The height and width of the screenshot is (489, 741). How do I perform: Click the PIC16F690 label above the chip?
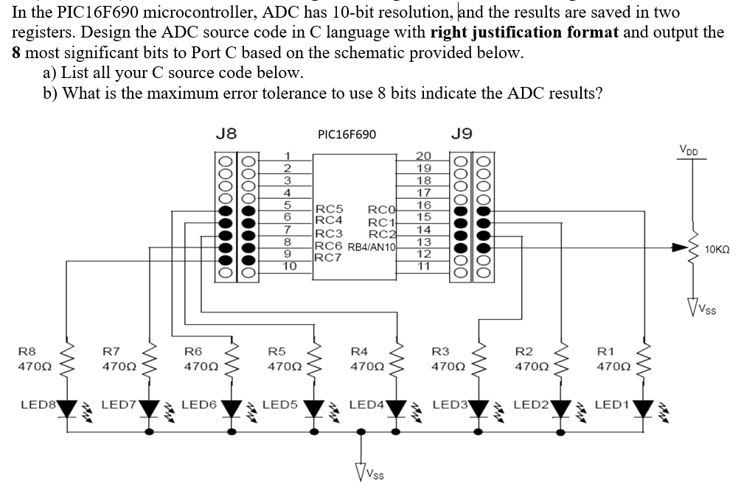point(346,134)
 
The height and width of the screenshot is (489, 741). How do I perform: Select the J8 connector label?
point(226,133)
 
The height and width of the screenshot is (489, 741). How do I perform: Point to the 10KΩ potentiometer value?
point(718,250)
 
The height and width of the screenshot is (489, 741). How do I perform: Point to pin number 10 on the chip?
point(288,267)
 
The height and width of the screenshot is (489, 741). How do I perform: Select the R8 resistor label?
point(27,351)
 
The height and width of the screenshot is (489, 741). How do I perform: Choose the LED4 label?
point(366,404)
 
